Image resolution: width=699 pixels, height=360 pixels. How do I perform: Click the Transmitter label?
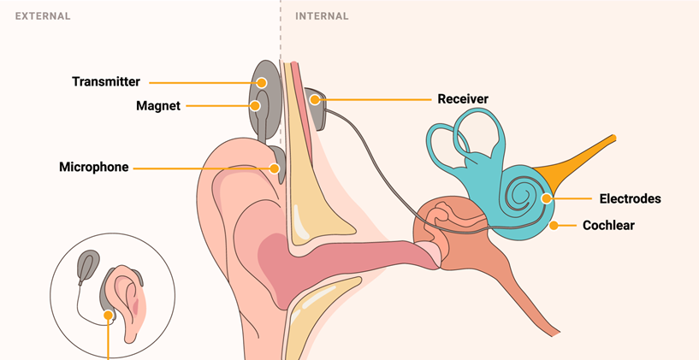tap(106, 82)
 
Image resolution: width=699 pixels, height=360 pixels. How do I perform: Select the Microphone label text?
tap(93, 168)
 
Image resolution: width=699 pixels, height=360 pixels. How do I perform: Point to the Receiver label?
tap(463, 99)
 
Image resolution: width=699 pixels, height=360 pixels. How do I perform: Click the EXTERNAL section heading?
tap(42, 16)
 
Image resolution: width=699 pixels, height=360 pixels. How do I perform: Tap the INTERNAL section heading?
tap(321, 16)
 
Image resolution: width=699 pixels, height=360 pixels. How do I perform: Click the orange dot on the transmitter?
tap(262, 83)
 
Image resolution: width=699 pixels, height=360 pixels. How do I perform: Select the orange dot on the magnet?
tap(254, 106)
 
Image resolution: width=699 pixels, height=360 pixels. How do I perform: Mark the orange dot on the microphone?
tap(275, 168)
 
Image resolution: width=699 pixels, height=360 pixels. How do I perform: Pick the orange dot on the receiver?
tap(315, 100)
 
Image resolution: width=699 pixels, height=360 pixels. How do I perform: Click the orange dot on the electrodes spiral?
tap(546, 198)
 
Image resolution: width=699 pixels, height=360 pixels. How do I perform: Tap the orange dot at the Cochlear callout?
tap(554, 226)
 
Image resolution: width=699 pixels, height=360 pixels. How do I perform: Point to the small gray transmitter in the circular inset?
tap(87, 268)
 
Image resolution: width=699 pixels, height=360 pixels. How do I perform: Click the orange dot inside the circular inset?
tap(109, 315)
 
